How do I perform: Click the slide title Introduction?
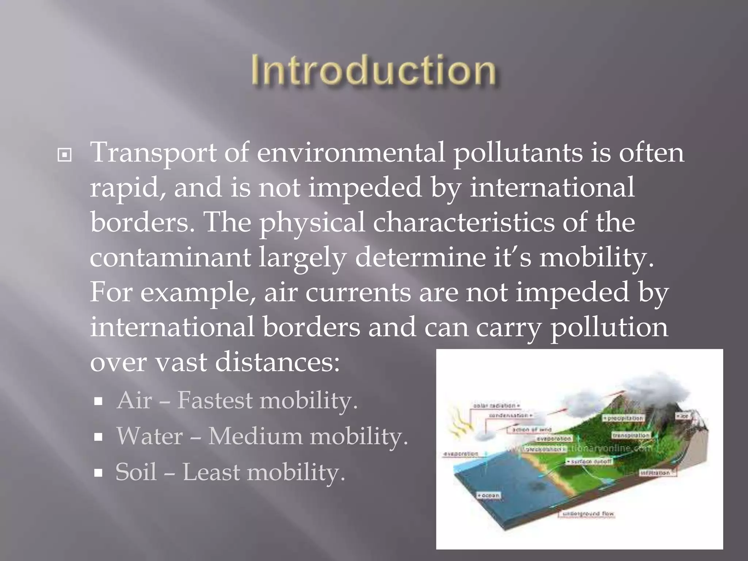click(x=373, y=69)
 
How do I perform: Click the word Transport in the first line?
click(x=152, y=152)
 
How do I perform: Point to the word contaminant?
click(x=170, y=257)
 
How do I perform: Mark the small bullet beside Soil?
click(x=98, y=473)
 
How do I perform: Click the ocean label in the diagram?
click(x=489, y=496)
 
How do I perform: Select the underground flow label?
click(x=588, y=514)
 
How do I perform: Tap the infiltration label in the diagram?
click(x=656, y=473)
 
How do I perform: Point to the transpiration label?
click(x=631, y=435)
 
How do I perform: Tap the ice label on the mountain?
click(x=682, y=416)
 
